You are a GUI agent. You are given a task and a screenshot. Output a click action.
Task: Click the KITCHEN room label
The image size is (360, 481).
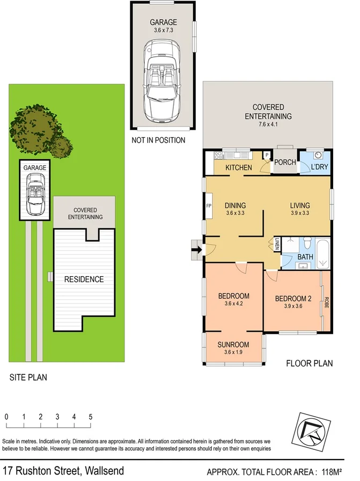click(238, 168)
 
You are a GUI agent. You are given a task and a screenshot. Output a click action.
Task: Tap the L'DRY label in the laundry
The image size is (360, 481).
click(319, 168)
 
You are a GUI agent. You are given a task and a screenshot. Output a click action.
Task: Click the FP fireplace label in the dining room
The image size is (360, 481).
click(209, 206)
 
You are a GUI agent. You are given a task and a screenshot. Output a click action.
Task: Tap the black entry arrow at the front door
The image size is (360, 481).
click(196, 249)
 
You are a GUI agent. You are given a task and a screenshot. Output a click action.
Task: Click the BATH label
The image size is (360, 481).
click(305, 257)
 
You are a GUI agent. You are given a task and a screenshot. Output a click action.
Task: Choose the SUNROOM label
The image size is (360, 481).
click(233, 344)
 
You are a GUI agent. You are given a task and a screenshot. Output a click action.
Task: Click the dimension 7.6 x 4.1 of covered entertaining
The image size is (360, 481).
click(268, 125)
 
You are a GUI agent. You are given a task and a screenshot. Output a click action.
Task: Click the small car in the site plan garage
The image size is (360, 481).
click(34, 194)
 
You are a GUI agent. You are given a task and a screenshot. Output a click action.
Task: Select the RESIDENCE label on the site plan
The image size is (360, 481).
click(84, 279)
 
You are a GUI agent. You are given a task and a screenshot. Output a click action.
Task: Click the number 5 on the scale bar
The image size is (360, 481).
click(91, 417)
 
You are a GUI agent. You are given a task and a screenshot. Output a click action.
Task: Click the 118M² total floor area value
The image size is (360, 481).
click(332, 472)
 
